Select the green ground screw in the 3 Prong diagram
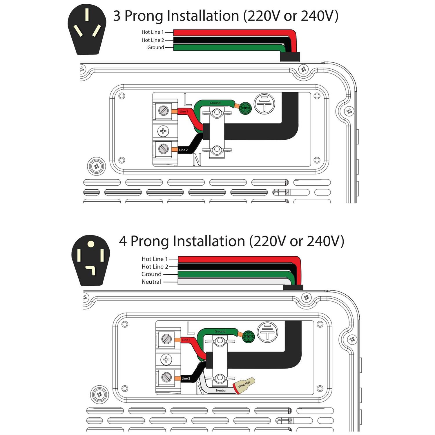245,108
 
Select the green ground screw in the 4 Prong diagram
249,336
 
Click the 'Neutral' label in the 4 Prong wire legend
151,282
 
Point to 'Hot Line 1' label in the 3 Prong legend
153,32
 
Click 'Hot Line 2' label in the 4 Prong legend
155,267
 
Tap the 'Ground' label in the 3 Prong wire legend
155,48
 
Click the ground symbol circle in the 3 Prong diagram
264,104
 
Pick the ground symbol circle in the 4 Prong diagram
267,332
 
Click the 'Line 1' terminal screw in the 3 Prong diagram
163,110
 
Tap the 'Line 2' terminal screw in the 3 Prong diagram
163,149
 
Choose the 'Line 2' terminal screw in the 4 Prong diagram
166,377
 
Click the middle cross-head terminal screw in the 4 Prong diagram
166,360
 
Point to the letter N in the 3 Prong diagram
197,159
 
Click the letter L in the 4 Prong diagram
190,328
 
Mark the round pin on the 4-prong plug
91,244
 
